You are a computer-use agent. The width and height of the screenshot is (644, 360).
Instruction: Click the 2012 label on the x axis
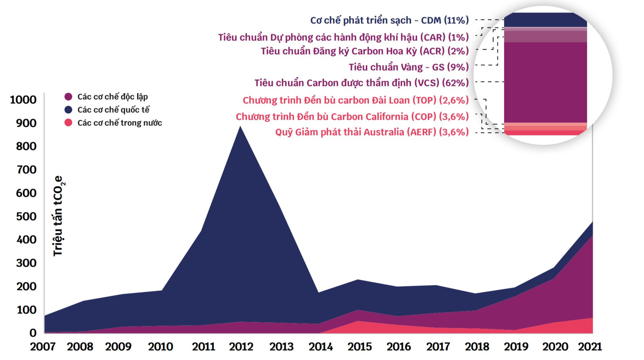(x=241, y=347)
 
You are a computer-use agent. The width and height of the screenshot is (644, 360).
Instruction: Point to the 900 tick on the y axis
(x=26, y=123)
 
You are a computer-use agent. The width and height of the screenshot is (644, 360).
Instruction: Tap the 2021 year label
(x=590, y=347)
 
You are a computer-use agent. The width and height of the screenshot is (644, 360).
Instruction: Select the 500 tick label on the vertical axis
(x=26, y=216)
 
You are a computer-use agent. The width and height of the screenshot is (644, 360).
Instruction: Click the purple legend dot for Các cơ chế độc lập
(x=68, y=97)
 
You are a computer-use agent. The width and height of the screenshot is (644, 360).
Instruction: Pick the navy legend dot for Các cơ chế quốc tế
(x=68, y=110)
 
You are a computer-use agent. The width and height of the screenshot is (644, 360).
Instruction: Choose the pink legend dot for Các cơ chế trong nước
(x=68, y=123)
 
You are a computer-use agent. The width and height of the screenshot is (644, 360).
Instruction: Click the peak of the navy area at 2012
(x=240, y=127)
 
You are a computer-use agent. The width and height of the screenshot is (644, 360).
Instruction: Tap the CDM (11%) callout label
(x=389, y=20)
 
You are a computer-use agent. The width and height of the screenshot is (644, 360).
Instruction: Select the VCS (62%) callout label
(x=361, y=83)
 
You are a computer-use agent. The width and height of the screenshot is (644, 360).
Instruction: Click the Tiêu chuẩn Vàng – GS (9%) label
(x=408, y=67)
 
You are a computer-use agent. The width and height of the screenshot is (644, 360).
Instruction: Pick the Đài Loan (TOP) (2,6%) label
(x=356, y=100)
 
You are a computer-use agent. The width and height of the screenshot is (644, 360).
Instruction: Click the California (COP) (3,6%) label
(x=352, y=117)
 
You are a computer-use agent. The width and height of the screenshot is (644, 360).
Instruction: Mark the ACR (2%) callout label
(x=365, y=51)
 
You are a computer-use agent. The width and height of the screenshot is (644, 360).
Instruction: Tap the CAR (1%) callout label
(x=343, y=37)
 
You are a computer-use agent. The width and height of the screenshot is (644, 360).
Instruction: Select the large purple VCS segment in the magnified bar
(x=545, y=82)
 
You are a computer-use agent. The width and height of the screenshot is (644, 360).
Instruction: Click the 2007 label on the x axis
(x=43, y=347)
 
